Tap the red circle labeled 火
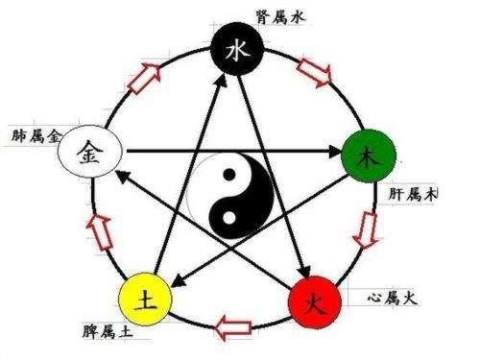pos(313,305)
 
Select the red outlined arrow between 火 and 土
pos(233,326)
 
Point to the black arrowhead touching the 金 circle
pos(124,175)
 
